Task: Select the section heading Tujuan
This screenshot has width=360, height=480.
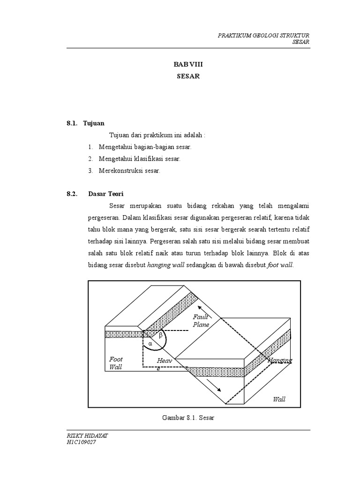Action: tap(94, 124)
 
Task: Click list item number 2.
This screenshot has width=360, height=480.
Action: tap(90, 159)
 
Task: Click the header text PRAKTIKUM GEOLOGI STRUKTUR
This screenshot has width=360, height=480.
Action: tap(264, 36)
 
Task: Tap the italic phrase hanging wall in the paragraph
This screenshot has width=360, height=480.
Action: tap(166, 265)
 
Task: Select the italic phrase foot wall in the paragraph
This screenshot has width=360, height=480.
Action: tap(280, 265)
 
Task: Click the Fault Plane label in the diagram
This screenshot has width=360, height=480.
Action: tap(201, 321)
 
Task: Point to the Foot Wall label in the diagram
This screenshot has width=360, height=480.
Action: tap(116, 363)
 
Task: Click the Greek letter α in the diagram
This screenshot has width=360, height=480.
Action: tap(150, 344)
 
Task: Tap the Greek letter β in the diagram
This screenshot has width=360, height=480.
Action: tap(160, 336)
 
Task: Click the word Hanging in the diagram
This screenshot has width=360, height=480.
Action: tap(280, 360)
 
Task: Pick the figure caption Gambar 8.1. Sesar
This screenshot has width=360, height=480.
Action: tap(188, 417)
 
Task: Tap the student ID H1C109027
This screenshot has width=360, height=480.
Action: tap(82, 442)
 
